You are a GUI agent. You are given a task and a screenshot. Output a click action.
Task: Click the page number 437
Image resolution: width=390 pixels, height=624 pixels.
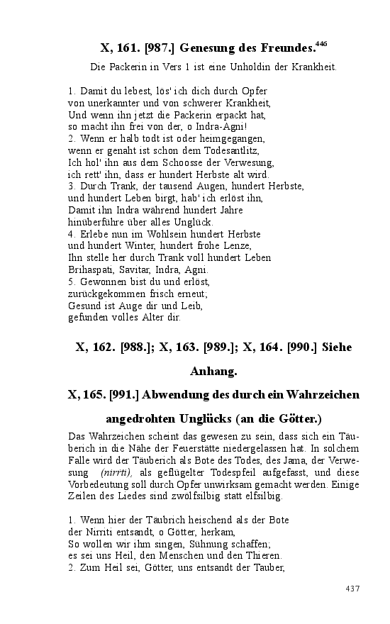pyautogui.click(x=354, y=589)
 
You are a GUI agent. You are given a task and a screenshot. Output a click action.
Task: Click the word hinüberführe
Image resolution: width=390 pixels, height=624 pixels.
pyautogui.click(x=98, y=221)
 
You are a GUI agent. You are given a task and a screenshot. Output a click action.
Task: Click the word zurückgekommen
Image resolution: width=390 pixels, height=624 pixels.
pyautogui.click(x=105, y=294)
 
